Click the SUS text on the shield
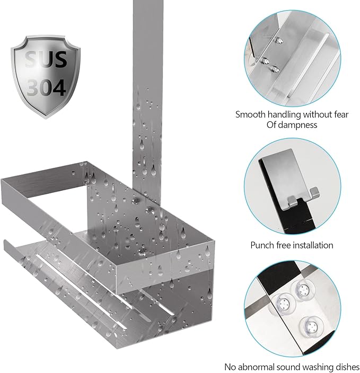point(46,59)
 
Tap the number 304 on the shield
point(46,87)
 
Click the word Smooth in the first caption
point(250,114)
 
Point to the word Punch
point(262,245)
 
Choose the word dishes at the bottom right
point(347,367)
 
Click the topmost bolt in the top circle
point(278,40)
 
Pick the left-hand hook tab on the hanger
point(292,201)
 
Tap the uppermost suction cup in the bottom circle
point(303,290)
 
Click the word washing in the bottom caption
point(318,367)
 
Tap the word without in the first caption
point(316,114)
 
